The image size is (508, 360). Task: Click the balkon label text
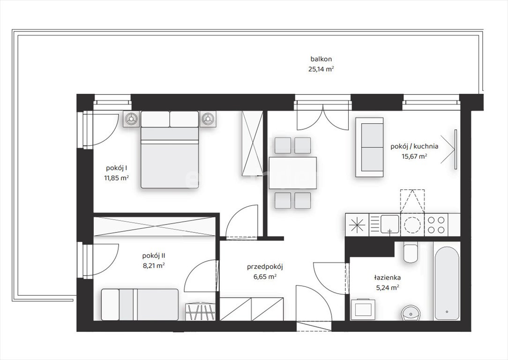(321, 60)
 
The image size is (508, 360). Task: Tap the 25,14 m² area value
(321, 69)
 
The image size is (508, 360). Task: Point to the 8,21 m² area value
(154, 266)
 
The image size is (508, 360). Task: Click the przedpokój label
(265, 267)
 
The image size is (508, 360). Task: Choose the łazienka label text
(388, 277)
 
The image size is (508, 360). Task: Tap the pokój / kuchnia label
(414, 146)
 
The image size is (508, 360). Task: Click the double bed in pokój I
(170, 150)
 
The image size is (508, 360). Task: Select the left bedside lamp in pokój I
(131, 119)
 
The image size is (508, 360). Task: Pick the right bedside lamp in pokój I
(208, 119)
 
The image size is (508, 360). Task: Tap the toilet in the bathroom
(411, 252)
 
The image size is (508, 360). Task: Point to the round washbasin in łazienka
(411, 313)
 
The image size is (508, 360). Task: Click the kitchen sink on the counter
(390, 224)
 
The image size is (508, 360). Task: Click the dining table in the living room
(292, 172)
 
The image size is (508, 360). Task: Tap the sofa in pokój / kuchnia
(369, 147)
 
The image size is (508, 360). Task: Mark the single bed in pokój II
(140, 304)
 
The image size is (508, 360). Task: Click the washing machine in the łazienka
(363, 309)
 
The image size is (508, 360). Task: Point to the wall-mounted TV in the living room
(456, 149)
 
